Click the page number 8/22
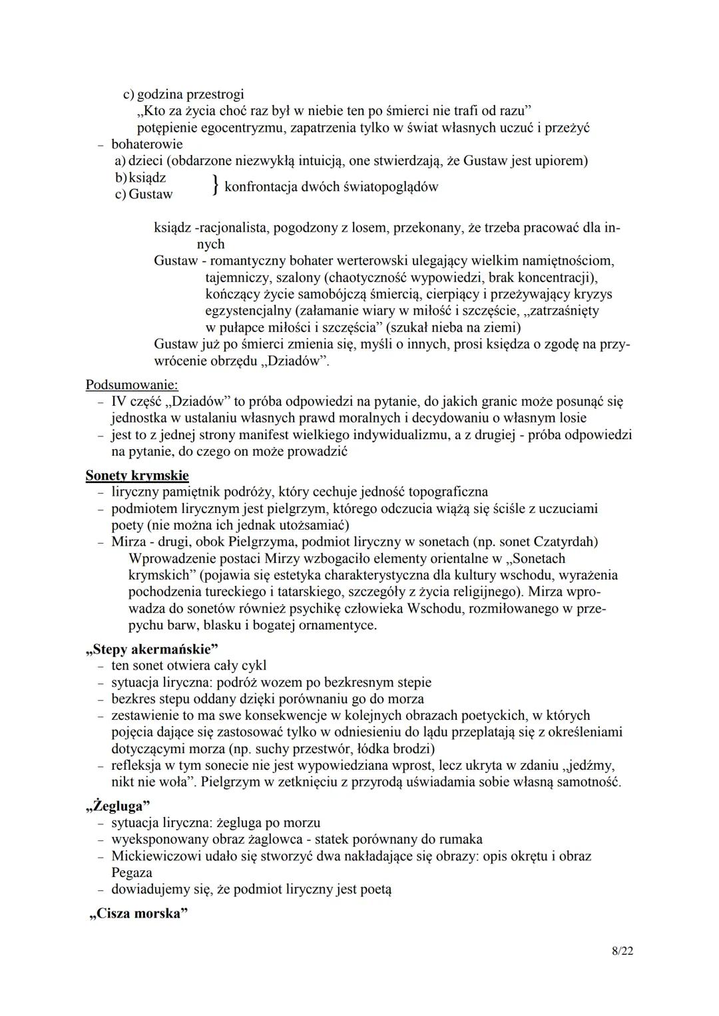pyautogui.click(x=622, y=951)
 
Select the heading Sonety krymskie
pyautogui.click(x=137, y=475)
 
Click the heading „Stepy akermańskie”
pyautogui.click(x=152, y=648)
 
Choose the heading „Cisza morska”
pyautogui.click(x=138, y=913)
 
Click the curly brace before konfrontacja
pyautogui.click(x=214, y=185)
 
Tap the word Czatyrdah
pyautogui.click(x=565, y=542)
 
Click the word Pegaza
pyautogui.click(x=132, y=872)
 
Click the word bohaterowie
pyautogui.click(x=147, y=144)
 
